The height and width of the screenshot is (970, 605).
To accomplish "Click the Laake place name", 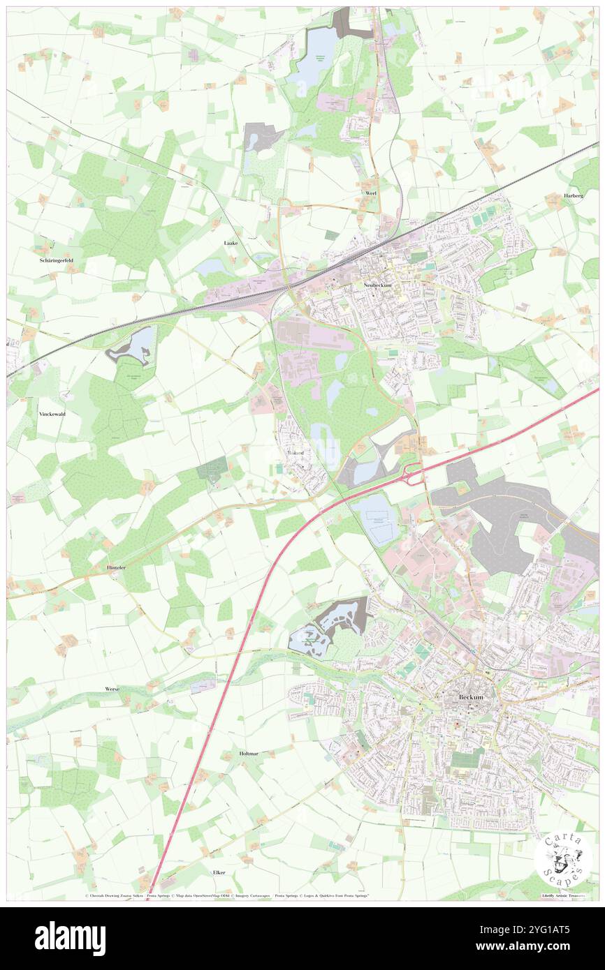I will pos(231,243).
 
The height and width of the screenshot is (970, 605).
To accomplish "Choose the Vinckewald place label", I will pos(52,413).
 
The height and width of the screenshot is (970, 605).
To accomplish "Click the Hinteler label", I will pos(116,567).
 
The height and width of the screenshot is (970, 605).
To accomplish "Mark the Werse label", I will pos(112,689).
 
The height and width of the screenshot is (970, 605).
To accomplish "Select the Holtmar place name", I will pos(249,754).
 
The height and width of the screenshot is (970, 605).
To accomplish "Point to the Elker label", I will pos(219,873).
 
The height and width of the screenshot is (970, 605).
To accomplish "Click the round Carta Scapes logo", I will pos(562,858).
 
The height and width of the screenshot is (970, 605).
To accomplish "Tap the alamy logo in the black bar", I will pos(70,938).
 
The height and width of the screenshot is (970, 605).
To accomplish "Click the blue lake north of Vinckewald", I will pos(131,345).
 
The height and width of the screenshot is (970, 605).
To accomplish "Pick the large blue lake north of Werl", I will pos(318,56).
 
